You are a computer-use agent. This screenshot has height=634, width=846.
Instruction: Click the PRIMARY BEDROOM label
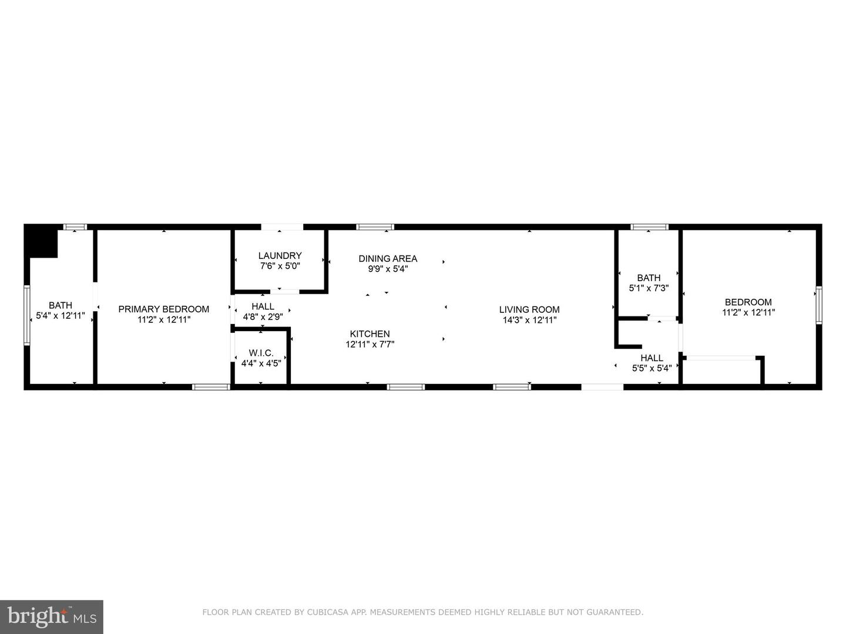pyautogui.click(x=163, y=309)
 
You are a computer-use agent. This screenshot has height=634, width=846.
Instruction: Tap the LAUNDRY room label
pyautogui.click(x=280, y=255)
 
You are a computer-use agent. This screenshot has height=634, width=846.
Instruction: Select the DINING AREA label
pyautogui.click(x=388, y=259)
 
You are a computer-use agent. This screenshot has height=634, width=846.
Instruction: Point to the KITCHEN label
pyautogui.click(x=370, y=334)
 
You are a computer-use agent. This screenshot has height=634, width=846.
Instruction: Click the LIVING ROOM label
pyautogui.click(x=529, y=309)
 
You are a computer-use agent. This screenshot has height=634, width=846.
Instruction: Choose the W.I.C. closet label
pyautogui.click(x=261, y=353)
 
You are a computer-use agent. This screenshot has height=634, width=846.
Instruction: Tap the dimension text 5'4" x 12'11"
pyautogui.click(x=61, y=316)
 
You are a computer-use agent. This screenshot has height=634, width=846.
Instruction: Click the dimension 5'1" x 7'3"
pyautogui.click(x=649, y=288)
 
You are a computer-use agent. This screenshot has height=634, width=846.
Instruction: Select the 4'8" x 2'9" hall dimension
pyautogui.click(x=263, y=317)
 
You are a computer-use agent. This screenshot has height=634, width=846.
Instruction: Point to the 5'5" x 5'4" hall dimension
pyautogui.click(x=652, y=368)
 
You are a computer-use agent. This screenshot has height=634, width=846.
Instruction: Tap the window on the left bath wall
pyautogui.click(x=26, y=315)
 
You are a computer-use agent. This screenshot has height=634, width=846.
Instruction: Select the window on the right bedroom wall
pyautogui.click(x=819, y=305)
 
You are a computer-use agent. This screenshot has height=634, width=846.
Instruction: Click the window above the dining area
pyautogui.click(x=375, y=227)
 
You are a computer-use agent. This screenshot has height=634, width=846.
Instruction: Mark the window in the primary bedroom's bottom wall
pyautogui.click(x=211, y=387)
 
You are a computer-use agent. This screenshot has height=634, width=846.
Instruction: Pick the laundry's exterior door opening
pyautogui.click(x=282, y=227)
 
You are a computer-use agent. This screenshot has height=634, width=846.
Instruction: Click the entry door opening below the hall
pyautogui.click(x=602, y=387)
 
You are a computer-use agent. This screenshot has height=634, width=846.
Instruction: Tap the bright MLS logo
pyautogui.click(x=52, y=616)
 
